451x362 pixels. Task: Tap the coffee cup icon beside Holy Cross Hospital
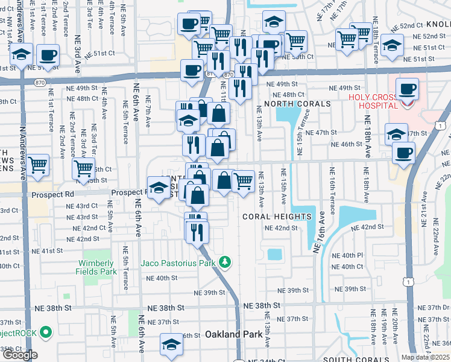click(407, 89)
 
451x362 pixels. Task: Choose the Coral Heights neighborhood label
click(277, 216)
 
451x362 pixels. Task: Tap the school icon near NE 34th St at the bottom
click(171, 345)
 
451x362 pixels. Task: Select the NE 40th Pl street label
click(348, 255)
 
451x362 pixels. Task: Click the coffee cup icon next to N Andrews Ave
click(48, 56)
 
